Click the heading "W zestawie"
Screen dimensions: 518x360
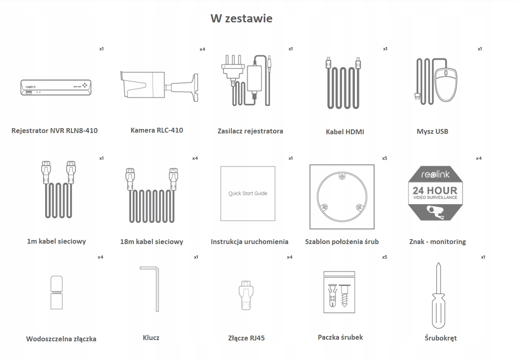(241, 19)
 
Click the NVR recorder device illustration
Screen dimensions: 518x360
(56, 87)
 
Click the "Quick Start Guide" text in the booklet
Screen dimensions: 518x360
(248, 193)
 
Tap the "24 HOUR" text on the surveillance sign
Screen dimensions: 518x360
(435, 190)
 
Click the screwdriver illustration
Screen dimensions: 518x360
(438, 296)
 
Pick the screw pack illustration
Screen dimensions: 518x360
(339, 292)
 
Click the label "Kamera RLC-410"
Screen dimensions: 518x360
(157, 130)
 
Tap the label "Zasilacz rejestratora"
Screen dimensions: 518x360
(250, 131)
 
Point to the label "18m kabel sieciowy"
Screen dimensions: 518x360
(151, 242)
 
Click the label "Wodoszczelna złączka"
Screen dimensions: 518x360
(61, 339)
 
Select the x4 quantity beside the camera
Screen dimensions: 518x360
(202, 49)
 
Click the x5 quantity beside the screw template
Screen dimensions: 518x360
(385, 158)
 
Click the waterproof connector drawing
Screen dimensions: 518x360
(56, 293)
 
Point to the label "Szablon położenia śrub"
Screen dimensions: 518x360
(342, 242)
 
